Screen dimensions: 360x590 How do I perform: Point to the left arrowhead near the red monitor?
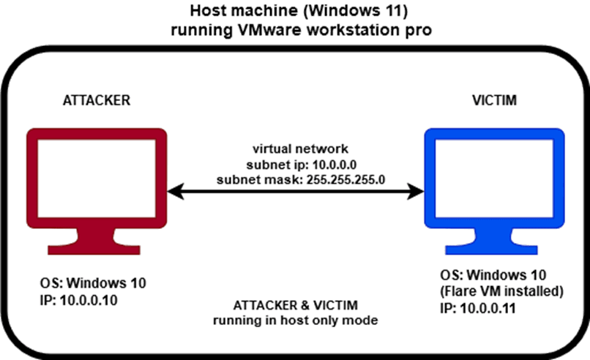coord(173,192)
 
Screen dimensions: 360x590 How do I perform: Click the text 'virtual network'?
coord(296,149)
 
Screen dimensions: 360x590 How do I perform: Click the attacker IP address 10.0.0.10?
coord(89,299)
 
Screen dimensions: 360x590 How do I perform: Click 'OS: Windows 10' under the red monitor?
coord(88,284)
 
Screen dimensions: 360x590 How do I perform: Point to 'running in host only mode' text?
coord(295,320)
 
